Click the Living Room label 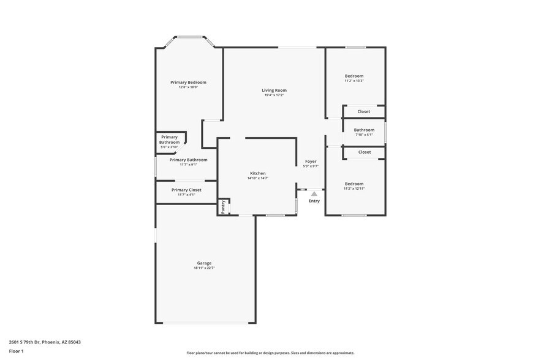274,90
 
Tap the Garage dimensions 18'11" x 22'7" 204,268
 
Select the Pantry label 223,206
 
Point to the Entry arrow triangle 314,193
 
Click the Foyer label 311,161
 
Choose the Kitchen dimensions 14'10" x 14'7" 257,178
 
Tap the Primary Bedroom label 188,82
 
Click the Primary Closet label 186,190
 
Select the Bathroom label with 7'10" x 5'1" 364,130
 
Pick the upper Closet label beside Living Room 364,111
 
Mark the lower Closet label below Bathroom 365,152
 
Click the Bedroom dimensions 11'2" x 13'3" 354,81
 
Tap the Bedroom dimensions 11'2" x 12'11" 354,189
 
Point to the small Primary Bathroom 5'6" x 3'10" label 169,142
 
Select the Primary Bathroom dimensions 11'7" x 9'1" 188,165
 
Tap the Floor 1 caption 16,351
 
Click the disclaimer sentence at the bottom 270,353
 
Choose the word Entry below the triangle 314,201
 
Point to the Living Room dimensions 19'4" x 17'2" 274,95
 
